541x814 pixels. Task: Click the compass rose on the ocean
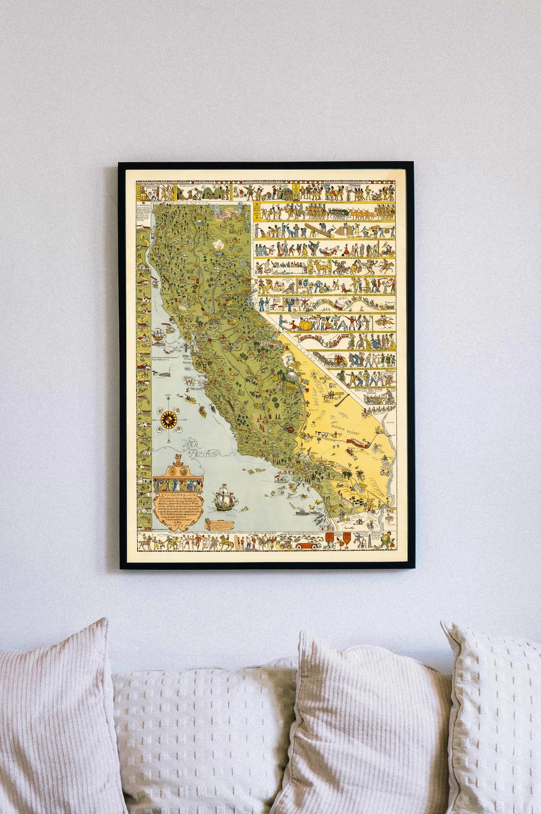click(169, 419)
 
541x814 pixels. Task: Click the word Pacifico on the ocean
click(202, 454)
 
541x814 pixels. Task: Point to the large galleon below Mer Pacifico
click(223, 497)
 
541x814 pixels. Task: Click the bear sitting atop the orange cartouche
click(178, 461)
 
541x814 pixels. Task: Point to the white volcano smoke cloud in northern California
click(218, 246)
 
